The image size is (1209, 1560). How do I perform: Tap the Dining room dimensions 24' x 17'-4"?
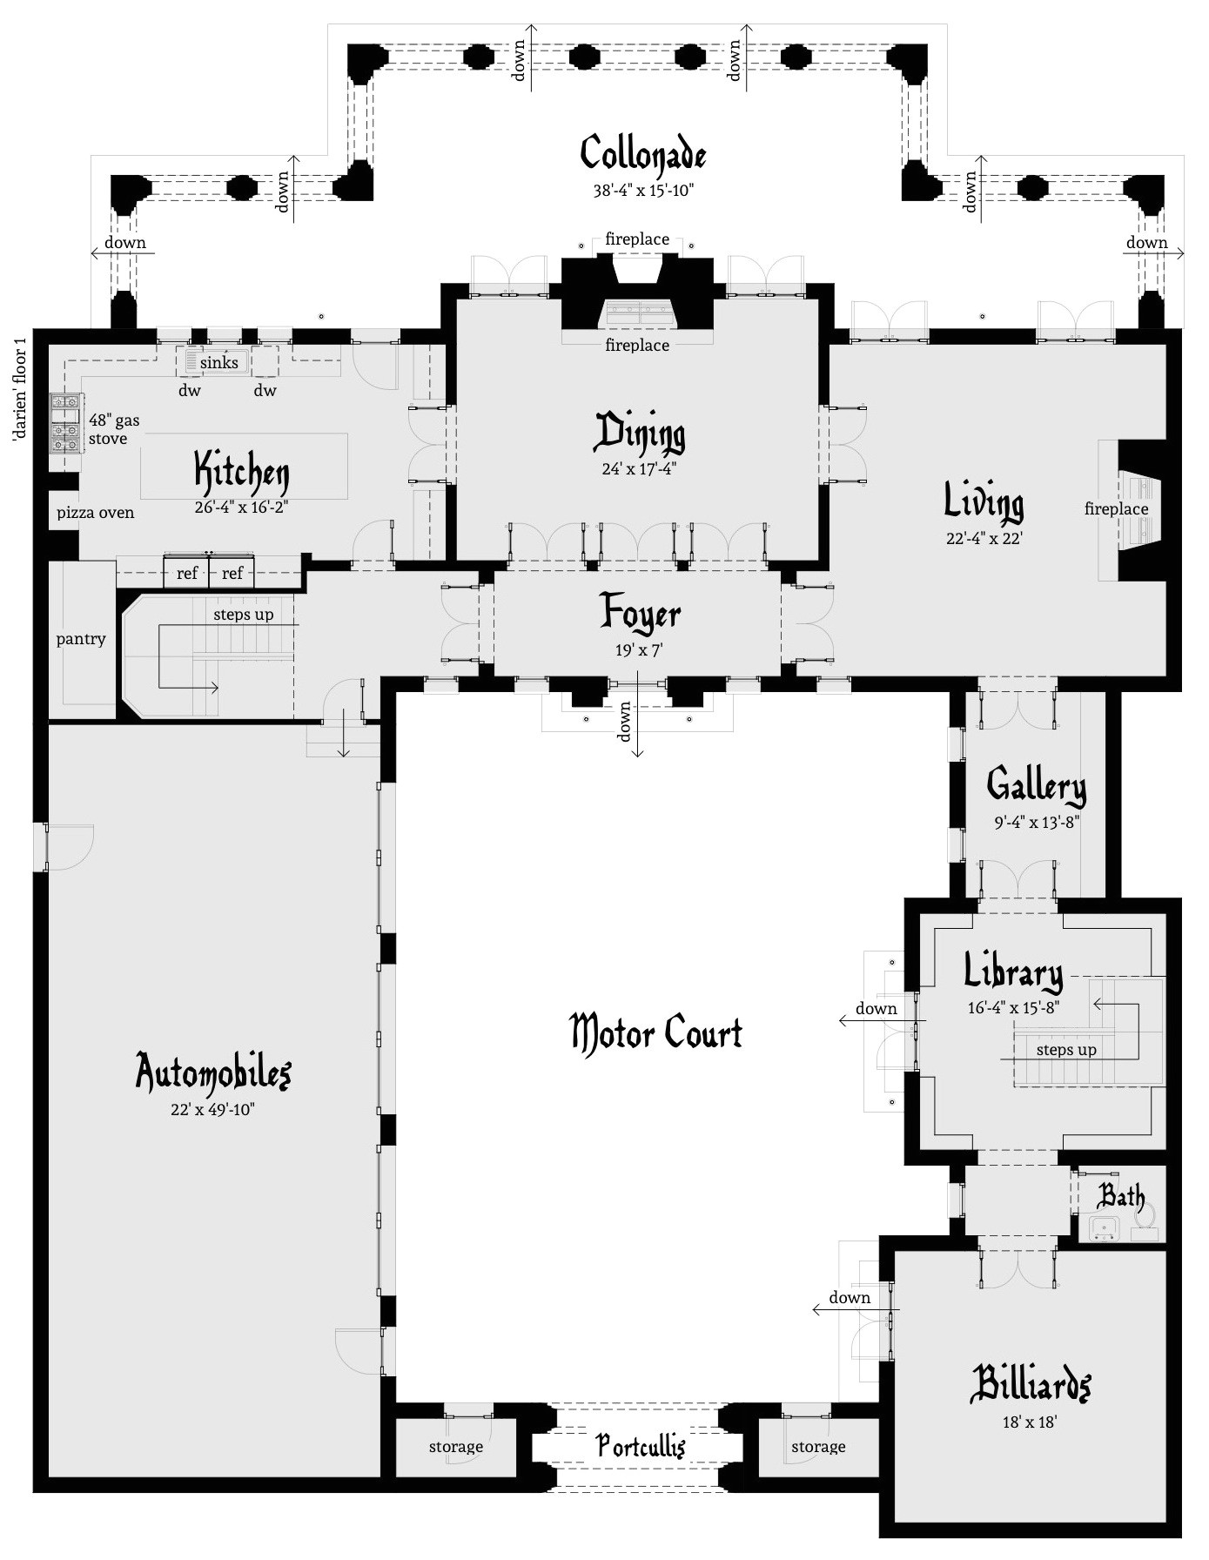[639, 469]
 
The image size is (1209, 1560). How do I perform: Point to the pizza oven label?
[96, 513]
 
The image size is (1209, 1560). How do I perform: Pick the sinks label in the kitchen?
[218, 362]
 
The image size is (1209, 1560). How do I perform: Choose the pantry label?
[81, 639]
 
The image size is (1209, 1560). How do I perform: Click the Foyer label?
[640, 614]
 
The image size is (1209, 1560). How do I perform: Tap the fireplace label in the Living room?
[1116, 508]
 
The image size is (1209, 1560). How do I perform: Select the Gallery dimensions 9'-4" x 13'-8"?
[1037, 822]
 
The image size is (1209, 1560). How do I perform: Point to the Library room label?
[1013, 972]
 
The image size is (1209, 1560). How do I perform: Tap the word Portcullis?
[641, 1446]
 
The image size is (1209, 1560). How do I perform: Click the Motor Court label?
[656, 1033]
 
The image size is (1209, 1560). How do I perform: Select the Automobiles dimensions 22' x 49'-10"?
[212, 1110]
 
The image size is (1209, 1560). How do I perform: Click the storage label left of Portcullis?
[455, 1447]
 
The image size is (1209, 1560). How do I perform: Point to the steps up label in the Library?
[1065, 1050]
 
